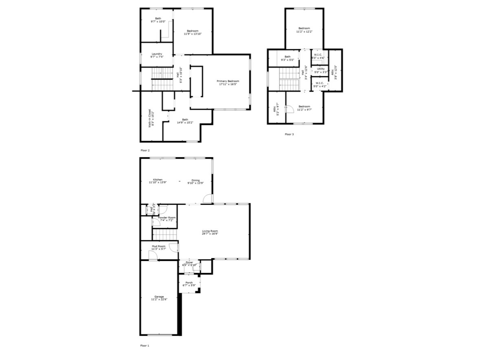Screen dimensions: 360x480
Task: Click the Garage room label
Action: click(x=159, y=296)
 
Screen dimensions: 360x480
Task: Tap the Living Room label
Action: click(x=210, y=231)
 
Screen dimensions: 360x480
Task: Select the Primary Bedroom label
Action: click(x=228, y=81)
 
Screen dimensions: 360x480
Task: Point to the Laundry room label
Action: click(x=157, y=54)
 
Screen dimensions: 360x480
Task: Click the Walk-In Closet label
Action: click(x=150, y=118)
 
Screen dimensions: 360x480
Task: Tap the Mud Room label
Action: click(x=159, y=246)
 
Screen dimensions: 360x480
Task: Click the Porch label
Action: click(x=189, y=282)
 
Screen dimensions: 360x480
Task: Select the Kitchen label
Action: click(x=158, y=180)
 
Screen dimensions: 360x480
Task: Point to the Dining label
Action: click(x=196, y=180)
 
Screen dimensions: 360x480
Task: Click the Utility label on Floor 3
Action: click(x=321, y=69)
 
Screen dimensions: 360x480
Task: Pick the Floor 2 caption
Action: click(x=145, y=150)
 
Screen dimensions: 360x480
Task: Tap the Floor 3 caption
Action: click(x=289, y=134)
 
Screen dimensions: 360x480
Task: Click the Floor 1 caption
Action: click(x=145, y=346)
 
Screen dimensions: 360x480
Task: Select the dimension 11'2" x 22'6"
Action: click(x=159, y=299)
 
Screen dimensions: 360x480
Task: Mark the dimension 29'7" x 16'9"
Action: click(x=210, y=234)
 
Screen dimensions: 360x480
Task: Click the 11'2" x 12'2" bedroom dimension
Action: click(x=304, y=31)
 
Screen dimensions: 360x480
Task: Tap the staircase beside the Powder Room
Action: click(x=165, y=234)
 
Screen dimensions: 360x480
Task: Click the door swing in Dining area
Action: click(x=208, y=199)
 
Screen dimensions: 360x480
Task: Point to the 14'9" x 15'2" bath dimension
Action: click(x=185, y=123)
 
